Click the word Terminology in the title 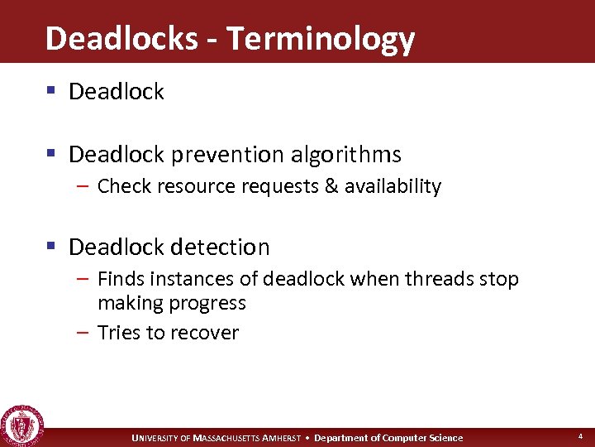320,39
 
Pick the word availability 393,186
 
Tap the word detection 219,247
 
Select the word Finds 121,279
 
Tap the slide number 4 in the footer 579,435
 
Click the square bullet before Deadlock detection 51,247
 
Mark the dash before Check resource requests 85,186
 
